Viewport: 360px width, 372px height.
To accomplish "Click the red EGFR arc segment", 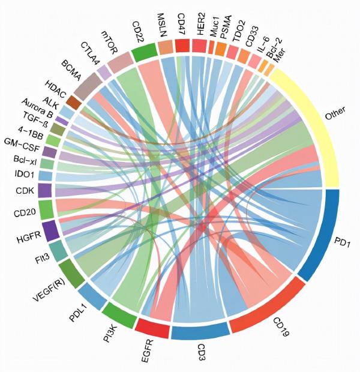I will [x=152, y=327].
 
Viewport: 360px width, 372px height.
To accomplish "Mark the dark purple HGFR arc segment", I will [x=51, y=230].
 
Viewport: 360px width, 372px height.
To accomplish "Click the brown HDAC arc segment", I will [x=73, y=101].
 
